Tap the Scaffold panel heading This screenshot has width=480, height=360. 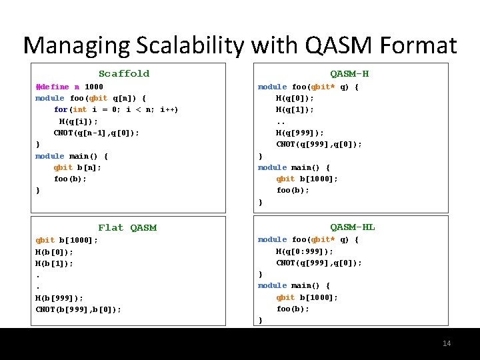click(124, 73)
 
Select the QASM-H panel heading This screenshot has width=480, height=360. click(349, 73)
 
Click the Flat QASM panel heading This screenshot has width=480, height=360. click(127, 227)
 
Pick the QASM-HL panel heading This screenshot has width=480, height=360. click(353, 227)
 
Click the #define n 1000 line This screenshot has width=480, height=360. click(69, 87)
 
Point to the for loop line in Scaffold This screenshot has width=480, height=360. click(115, 109)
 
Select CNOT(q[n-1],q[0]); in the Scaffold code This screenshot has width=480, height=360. click(97, 133)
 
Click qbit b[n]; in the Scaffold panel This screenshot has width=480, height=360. click(77, 167)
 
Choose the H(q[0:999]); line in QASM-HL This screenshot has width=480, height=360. click(305, 251)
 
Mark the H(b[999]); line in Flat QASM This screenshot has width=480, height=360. click(59, 298)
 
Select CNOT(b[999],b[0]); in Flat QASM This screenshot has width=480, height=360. click(79, 309)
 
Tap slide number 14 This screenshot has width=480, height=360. click(447, 343)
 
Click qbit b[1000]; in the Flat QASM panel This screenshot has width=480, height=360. click(67, 240)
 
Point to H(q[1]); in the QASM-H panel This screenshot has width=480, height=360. click(295, 109)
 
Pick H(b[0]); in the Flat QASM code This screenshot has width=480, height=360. click(55, 252)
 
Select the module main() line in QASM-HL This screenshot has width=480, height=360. click(294, 285)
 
